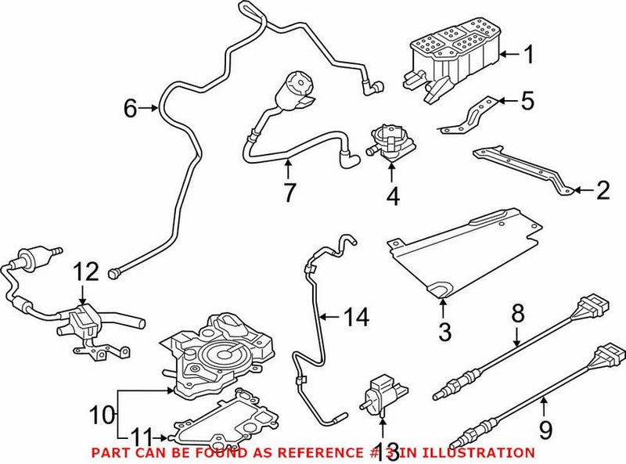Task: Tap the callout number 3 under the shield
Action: (444, 332)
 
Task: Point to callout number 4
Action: (393, 196)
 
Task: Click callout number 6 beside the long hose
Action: (130, 110)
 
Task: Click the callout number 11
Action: (141, 437)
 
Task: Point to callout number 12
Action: (88, 272)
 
